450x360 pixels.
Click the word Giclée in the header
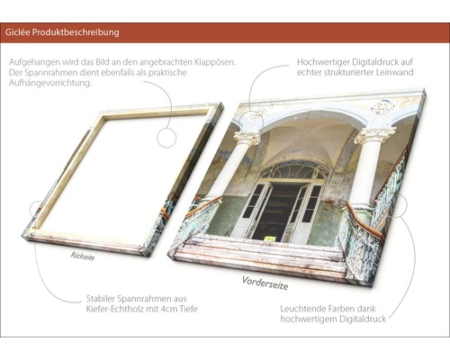click(x=17, y=32)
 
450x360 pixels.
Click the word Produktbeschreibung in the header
click(x=76, y=32)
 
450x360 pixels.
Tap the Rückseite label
click(x=83, y=256)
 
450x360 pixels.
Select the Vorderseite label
click(x=265, y=283)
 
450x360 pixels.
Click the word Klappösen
click(x=214, y=62)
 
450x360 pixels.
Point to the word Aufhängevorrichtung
click(x=49, y=83)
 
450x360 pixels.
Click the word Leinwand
click(x=394, y=72)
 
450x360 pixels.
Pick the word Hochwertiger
click(x=323, y=62)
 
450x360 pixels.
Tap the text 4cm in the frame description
click(x=170, y=309)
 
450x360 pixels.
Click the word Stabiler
click(x=101, y=299)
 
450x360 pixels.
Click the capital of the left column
click(x=247, y=138)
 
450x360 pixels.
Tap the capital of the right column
click(x=375, y=136)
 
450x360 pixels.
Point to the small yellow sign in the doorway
click(x=269, y=238)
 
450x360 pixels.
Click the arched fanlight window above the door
click(x=292, y=171)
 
